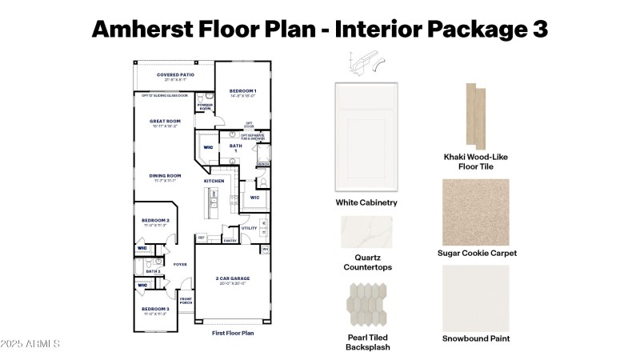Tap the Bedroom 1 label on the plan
(242, 91)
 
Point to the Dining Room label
(164, 176)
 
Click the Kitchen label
(214, 182)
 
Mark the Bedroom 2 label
(155, 220)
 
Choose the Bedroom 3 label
(155, 309)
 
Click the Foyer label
(180, 264)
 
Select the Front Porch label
(186, 301)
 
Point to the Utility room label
(248, 228)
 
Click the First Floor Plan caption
(233, 332)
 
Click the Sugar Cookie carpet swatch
(476, 211)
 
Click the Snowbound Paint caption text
(476, 338)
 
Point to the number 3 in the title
(538, 28)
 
